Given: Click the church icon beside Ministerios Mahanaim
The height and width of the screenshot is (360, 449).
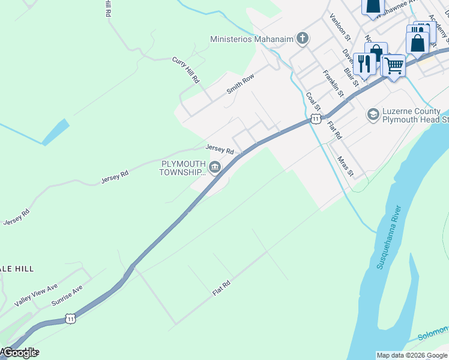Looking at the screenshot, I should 303,39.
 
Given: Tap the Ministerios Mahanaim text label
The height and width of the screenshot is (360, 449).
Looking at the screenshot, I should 252,39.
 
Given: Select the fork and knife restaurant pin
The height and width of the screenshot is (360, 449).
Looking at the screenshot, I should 364,62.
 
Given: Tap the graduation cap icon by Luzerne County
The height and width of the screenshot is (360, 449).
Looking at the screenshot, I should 373,114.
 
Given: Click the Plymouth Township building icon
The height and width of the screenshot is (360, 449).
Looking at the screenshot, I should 215,167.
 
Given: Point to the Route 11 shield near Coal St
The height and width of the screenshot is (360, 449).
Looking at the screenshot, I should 315,119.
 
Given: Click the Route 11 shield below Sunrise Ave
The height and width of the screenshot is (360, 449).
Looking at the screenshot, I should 71,318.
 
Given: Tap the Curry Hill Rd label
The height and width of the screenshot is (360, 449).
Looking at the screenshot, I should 185,70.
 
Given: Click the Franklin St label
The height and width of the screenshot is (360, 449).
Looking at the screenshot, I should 333,83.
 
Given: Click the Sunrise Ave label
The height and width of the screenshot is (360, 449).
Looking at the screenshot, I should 70,293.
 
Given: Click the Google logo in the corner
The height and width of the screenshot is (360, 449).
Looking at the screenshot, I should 20,353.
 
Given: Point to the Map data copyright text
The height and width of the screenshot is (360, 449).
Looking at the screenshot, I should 412,355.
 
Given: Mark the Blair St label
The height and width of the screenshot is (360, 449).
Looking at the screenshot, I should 351,76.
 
